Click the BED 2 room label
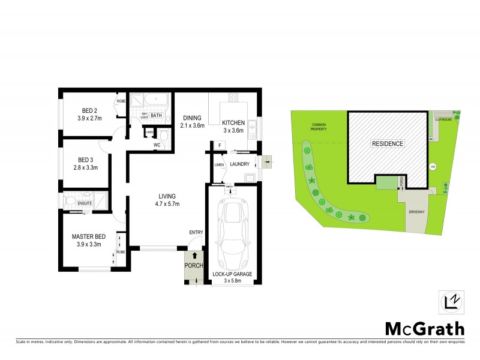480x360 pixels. coord(90,110)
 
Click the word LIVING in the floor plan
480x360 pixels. coord(167,196)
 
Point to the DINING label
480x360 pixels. coord(192,118)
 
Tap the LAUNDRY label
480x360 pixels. coord(240,163)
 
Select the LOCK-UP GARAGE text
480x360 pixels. coord(232,274)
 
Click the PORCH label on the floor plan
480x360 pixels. coord(194,265)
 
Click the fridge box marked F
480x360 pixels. coord(220,145)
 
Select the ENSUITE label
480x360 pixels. coord(85,204)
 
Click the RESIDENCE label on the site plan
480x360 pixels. coord(388,144)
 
